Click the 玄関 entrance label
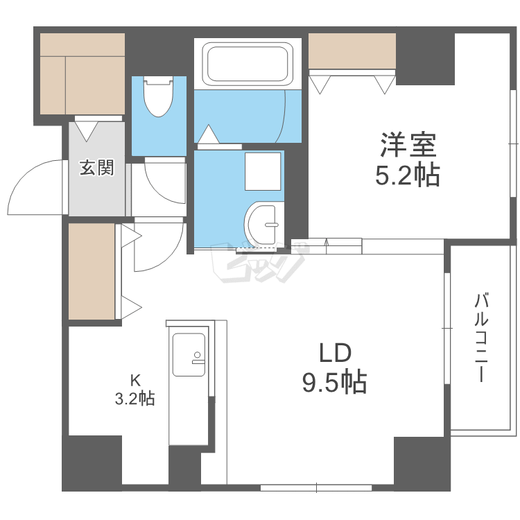(x=96, y=167)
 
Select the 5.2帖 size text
(x=407, y=176)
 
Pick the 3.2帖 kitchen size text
(x=135, y=399)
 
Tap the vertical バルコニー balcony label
(x=481, y=338)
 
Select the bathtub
(x=248, y=64)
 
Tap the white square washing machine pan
(x=263, y=171)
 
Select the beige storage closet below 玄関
(x=92, y=272)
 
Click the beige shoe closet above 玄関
(x=81, y=73)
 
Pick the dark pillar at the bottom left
(x=93, y=463)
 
